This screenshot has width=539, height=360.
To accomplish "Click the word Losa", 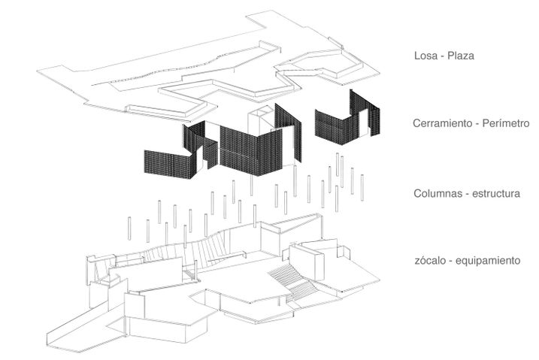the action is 425,56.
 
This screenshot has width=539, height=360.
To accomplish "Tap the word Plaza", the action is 461,56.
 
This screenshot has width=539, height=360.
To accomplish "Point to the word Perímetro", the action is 506,123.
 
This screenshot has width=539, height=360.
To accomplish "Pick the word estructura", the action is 496,193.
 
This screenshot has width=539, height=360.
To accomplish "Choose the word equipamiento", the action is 488,261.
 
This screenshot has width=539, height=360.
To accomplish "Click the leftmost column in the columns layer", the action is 129,228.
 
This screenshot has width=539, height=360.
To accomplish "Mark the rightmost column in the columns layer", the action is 362,187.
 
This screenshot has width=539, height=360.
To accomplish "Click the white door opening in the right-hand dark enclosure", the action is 364,123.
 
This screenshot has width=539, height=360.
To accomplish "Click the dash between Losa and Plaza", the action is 441,56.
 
